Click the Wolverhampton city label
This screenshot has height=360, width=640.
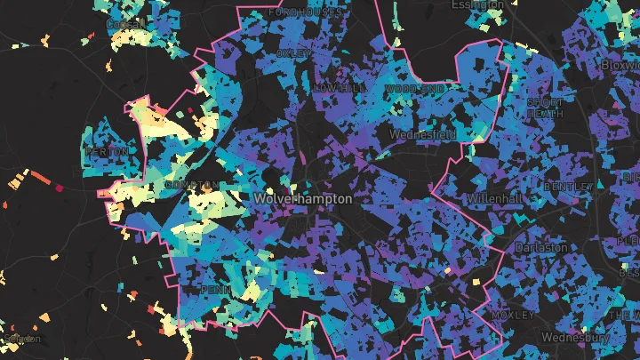point(302,199)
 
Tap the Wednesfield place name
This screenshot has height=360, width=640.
point(423,134)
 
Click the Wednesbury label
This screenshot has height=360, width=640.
point(579,338)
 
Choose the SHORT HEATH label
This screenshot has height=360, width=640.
point(543,108)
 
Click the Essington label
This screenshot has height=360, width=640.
point(477,5)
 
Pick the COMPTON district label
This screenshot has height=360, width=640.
point(190,185)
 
